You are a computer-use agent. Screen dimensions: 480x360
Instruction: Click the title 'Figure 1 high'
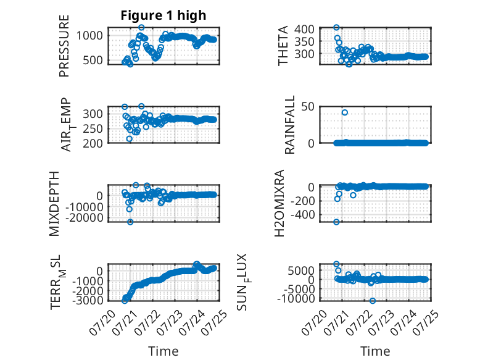pos(163,15)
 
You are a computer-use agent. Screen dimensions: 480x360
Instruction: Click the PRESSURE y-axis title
pos(64,46)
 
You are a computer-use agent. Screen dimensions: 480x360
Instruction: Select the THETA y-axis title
pos(283,46)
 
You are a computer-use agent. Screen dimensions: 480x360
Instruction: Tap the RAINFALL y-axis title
pos(289,125)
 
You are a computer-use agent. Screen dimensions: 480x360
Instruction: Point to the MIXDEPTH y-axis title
pos(54,204)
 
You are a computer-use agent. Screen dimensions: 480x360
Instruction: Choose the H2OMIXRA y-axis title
pos(279,203)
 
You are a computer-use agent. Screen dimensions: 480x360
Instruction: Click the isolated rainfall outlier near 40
pos(345,112)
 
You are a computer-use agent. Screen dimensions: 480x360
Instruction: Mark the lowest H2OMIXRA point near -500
pos(336,222)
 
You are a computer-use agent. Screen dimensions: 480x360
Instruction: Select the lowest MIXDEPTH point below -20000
pos(130,222)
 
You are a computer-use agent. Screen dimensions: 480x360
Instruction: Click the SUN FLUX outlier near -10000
pos(372,301)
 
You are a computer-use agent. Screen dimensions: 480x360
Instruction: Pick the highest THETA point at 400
pos(336,28)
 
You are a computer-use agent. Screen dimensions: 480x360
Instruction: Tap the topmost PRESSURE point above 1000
pos(141,27)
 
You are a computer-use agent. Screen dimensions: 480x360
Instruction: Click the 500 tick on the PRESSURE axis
pos(93,61)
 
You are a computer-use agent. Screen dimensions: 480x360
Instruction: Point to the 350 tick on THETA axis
pos(304,41)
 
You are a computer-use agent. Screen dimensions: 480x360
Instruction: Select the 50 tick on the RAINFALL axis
pos(308,107)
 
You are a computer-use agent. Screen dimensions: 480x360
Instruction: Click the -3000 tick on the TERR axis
pos(88,300)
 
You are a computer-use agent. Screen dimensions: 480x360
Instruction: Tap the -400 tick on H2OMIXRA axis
pos(303,215)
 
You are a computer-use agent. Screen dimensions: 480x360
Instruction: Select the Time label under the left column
pos(163,351)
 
